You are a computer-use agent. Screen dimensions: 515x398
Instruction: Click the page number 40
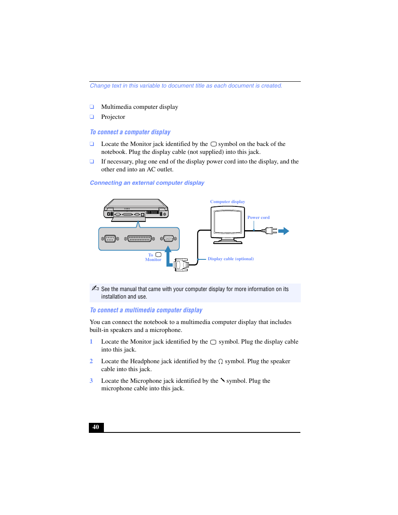pos(96,427)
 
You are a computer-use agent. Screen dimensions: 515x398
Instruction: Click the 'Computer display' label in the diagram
pos(227,202)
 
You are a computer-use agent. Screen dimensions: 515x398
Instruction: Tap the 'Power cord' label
pos(258,218)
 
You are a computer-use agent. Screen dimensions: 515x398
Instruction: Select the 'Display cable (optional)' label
pos(231,259)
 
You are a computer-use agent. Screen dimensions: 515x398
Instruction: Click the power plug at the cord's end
pos(270,231)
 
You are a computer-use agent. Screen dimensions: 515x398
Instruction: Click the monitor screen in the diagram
pos(228,222)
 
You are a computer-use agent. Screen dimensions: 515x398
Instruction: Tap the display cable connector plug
pos(181,265)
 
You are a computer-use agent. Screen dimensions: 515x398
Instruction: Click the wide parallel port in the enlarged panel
pos(139,239)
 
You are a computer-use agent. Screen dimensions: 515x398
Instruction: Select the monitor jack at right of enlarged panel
pos(169,239)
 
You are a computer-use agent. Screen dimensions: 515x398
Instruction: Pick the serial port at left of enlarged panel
pos(110,239)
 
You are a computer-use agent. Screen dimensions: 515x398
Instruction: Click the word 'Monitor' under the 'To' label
pos(153,260)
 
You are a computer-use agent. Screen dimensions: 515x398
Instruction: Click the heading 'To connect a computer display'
pos(130,132)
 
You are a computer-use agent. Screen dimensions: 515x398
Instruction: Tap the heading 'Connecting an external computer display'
pos(147,183)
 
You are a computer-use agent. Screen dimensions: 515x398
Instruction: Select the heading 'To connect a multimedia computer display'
pos(146,310)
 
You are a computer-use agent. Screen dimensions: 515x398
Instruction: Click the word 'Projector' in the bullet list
pos(113,117)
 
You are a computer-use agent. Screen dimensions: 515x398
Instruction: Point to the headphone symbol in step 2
pos(221,362)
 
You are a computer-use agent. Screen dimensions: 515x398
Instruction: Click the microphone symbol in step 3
pos(223,380)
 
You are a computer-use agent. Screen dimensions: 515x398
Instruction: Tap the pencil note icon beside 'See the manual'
pos(95,288)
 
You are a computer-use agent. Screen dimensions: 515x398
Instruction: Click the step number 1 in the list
pos(91,342)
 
